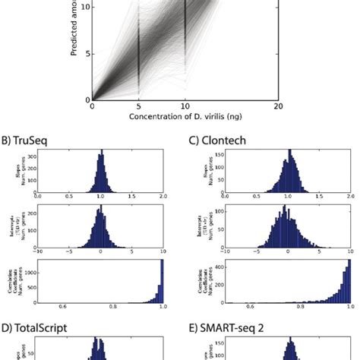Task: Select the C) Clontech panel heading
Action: [218, 139]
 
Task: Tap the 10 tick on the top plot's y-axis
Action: [84, 6]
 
